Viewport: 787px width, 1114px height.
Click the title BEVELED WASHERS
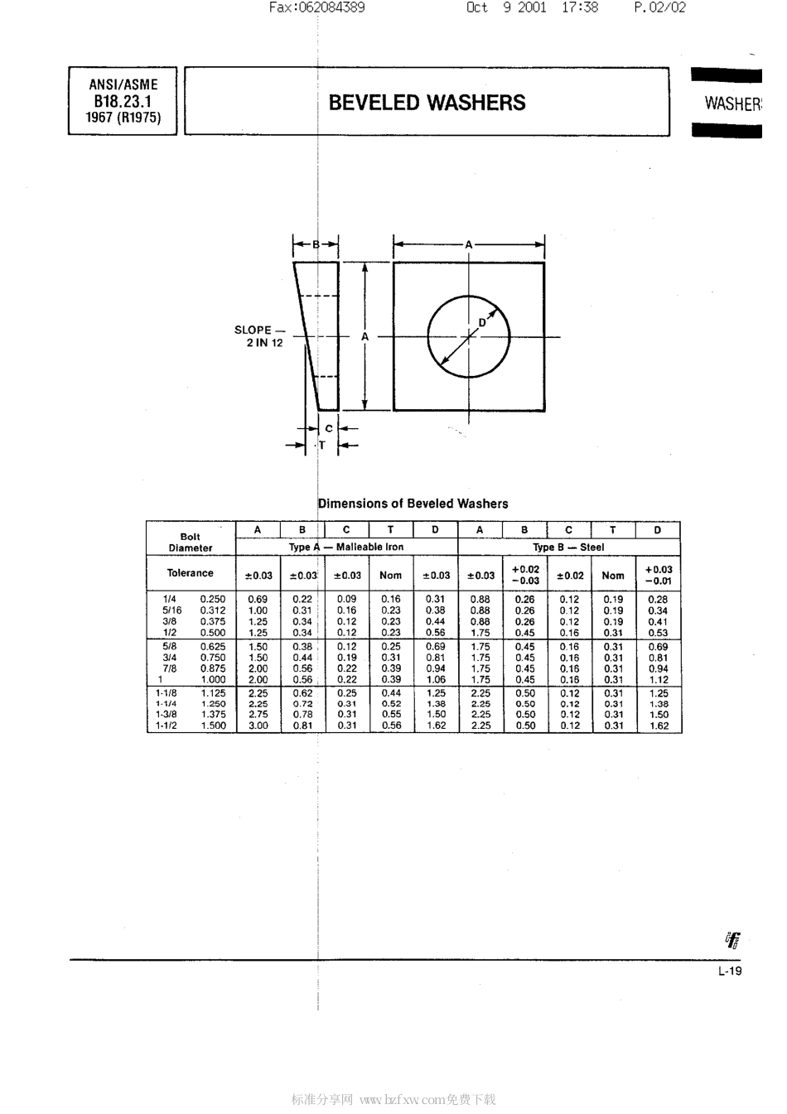(427, 103)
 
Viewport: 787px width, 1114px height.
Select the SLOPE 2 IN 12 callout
(260, 336)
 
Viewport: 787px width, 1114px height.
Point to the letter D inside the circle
(482, 323)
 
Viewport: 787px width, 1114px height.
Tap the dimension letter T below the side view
(322, 446)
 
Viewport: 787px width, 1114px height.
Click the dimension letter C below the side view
(329, 428)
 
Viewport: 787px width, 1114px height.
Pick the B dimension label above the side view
(316, 244)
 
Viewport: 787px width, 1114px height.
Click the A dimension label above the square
(469, 244)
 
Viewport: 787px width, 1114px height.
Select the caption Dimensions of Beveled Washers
(413, 504)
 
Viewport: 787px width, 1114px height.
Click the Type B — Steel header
(568, 547)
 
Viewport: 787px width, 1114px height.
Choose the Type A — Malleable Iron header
(346, 547)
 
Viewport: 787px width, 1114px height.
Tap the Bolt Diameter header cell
(191, 542)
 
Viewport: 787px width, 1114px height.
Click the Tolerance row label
(190, 573)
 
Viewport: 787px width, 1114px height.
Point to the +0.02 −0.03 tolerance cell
(525, 575)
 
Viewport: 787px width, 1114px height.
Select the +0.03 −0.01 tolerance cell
(659, 575)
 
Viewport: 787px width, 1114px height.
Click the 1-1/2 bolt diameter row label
(166, 726)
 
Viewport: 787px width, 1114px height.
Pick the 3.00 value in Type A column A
(258, 726)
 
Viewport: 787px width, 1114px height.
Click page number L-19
(730, 972)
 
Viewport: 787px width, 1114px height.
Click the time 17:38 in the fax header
(579, 7)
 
